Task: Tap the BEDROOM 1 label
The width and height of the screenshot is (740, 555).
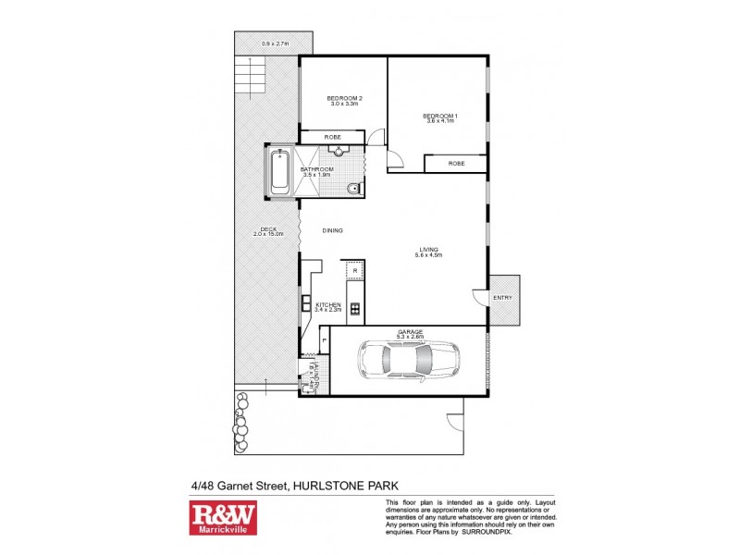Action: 440,116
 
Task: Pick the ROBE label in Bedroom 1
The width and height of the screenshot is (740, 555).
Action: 456,164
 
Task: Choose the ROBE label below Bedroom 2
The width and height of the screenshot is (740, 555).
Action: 332,138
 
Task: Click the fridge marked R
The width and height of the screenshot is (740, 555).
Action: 354,270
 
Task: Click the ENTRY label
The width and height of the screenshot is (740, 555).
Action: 503,298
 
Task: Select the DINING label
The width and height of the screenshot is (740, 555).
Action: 332,230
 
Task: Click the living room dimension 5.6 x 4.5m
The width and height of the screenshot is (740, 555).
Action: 428,255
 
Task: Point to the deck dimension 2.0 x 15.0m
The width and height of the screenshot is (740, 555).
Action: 268,234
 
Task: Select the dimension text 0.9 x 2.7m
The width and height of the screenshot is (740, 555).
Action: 275,43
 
